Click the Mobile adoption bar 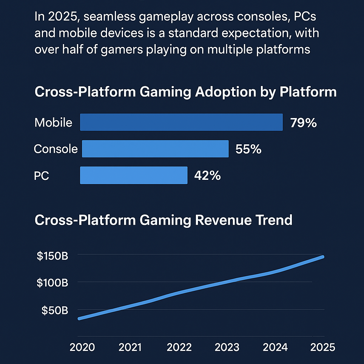[181, 122]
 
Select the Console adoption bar [155, 149]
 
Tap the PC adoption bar [134, 175]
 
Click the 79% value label [303, 123]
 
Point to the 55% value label [248, 149]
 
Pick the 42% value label [208, 176]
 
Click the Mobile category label [53, 123]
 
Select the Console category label [56, 149]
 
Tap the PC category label [42, 176]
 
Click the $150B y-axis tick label [53, 256]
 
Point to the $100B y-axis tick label [53, 283]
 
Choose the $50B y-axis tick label [55, 310]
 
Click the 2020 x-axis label [82, 347]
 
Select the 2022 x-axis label [179, 347]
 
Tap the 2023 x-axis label [227, 347]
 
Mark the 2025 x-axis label [323, 347]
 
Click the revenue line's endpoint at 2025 [322, 257]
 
